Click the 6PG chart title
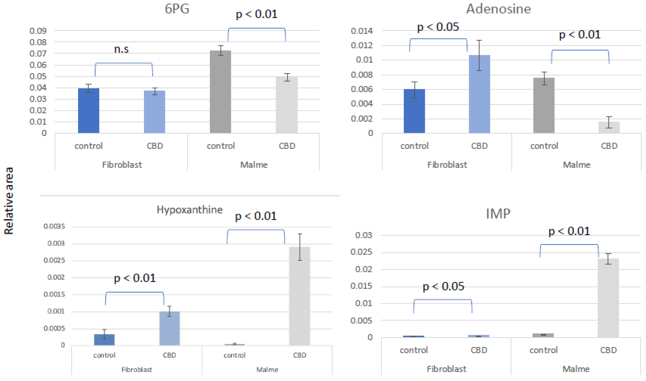[x=177, y=9]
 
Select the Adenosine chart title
[x=498, y=9]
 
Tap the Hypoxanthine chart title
[x=190, y=210]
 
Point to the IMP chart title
[x=498, y=214]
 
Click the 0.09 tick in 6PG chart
[x=38, y=31]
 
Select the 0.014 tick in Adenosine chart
[x=362, y=31]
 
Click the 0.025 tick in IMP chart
[x=361, y=252]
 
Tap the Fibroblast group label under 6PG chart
[x=122, y=164]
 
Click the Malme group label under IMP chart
[x=576, y=369]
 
